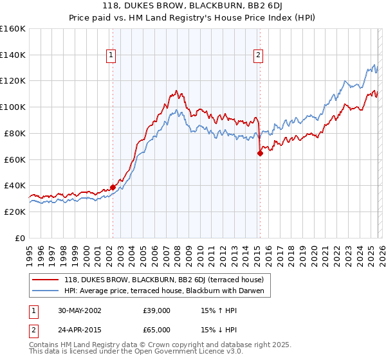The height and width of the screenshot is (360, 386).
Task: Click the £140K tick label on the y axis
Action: pyautogui.click(x=13, y=55)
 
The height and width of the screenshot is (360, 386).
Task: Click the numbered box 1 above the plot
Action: pyautogui.click(x=112, y=56)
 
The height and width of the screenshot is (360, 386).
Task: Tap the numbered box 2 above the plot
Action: pyautogui.click(x=258, y=56)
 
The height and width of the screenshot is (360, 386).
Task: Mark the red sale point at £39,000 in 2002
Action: pyautogui.click(x=113, y=187)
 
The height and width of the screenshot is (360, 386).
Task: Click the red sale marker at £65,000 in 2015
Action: pyautogui.click(x=260, y=153)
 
